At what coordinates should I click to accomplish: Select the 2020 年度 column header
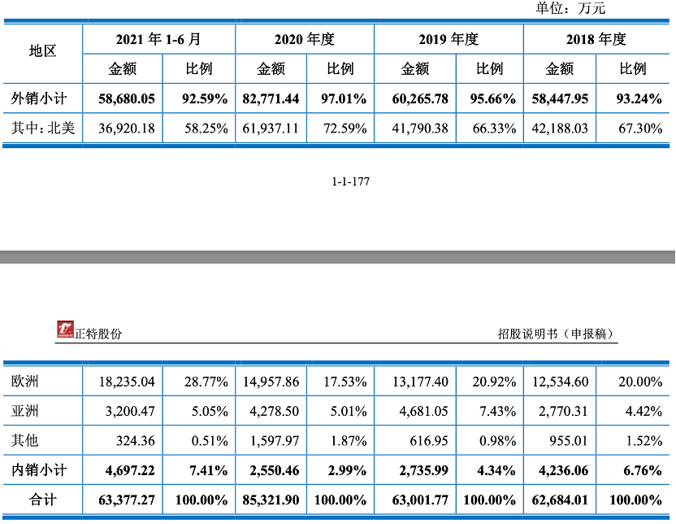(305, 39)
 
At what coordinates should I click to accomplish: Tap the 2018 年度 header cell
(597, 39)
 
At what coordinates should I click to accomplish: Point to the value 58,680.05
(126, 99)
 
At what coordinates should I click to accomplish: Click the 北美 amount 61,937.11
(271, 128)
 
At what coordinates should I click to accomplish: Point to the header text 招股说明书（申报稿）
(556, 334)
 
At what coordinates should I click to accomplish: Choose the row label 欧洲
(25, 382)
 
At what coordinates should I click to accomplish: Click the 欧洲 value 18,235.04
(126, 382)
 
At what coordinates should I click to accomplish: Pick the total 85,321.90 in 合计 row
(271, 499)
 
